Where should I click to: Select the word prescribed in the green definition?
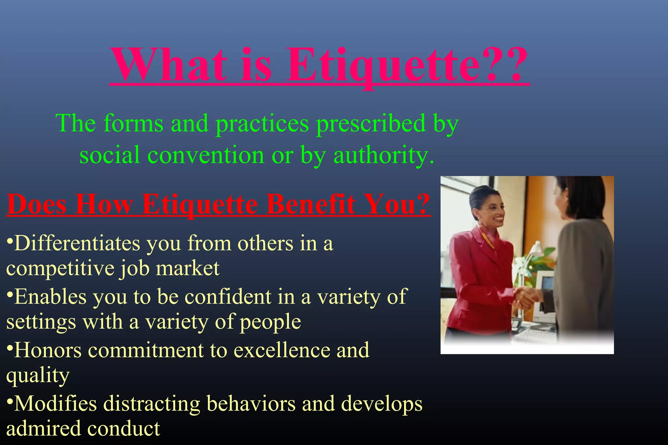point(371,124)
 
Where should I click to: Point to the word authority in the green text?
point(382,155)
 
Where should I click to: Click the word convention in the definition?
point(205,155)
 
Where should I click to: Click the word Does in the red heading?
point(37,204)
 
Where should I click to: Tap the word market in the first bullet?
point(187,268)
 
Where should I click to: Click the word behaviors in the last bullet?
point(251,404)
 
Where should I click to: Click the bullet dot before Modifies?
point(10,400)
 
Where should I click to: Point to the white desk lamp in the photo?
point(535,250)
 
